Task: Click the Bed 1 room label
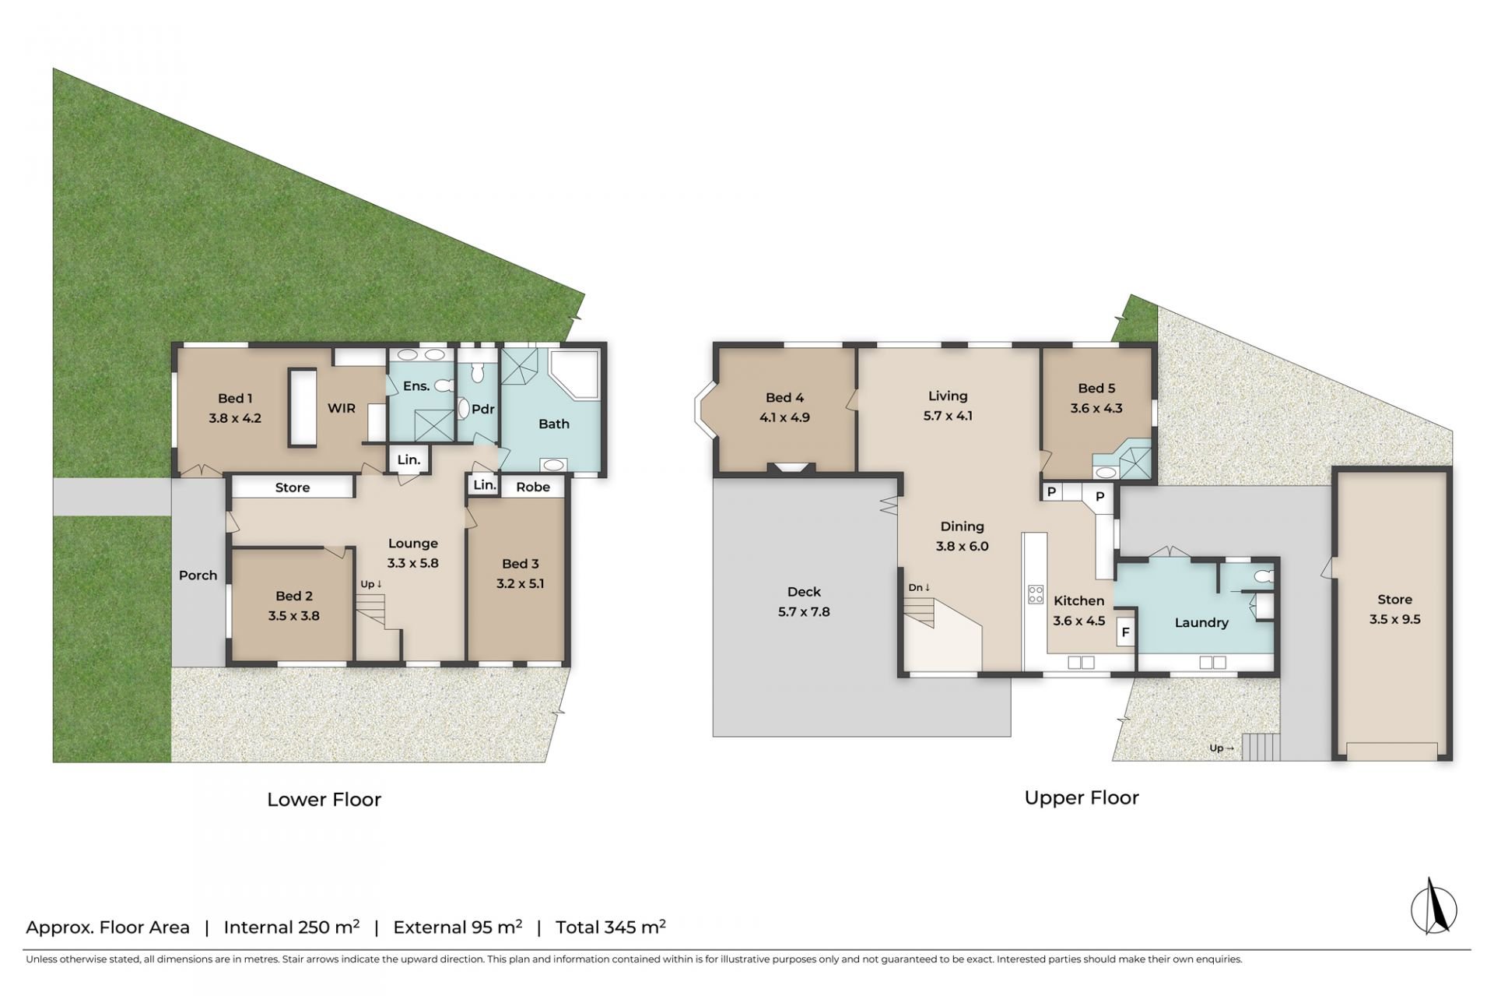(235, 399)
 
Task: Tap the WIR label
(342, 408)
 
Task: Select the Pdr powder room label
(483, 409)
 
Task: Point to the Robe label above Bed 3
(533, 487)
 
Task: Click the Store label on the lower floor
(293, 487)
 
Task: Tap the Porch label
(198, 575)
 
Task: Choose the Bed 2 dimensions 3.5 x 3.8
(293, 616)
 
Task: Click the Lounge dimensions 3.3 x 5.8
(413, 563)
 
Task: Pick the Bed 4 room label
(784, 398)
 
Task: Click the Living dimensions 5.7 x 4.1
(948, 416)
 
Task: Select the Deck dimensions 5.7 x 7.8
(804, 612)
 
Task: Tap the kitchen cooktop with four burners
(1036, 595)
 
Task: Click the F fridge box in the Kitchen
(1125, 632)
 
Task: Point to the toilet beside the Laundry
(1263, 577)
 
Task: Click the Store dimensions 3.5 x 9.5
(1394, 620)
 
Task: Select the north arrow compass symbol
(1433, 907)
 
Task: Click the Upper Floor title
(1082, 798)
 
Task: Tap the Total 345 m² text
(610, 927)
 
